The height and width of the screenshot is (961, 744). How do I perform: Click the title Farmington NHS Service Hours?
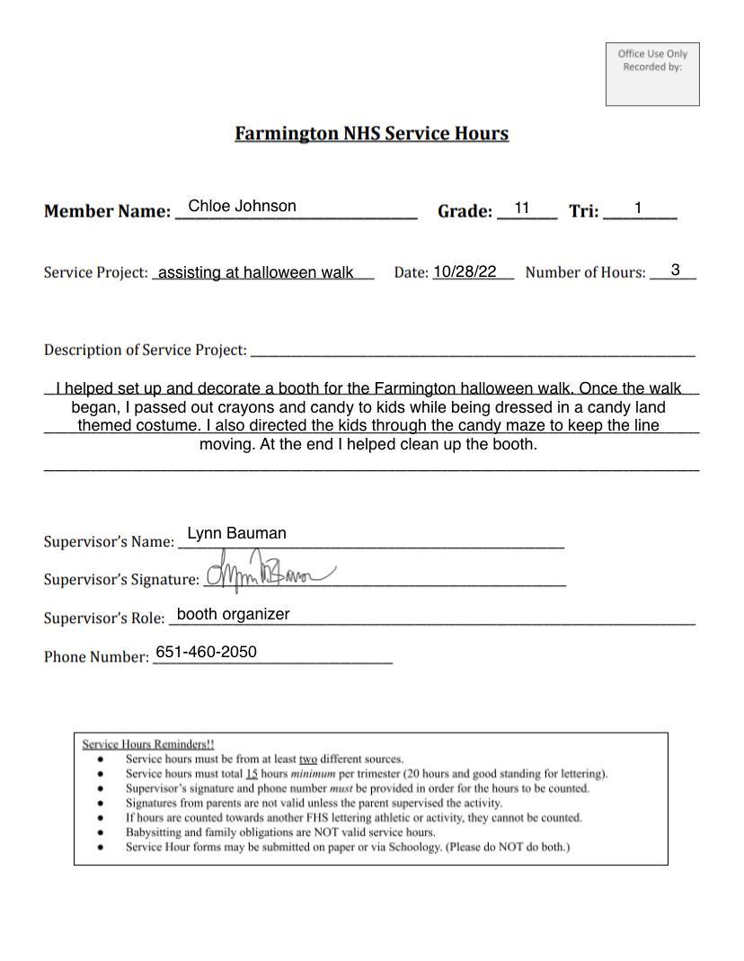371,134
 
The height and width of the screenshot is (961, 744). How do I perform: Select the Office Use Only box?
652,74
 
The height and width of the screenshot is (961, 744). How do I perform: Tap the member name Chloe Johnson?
242,207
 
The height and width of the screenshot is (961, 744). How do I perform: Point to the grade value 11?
521,209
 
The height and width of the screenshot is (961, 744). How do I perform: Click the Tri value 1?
637,209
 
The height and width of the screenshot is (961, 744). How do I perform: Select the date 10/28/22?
465,271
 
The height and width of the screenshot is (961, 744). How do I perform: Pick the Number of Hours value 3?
675,270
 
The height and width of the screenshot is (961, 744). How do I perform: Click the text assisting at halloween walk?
255,272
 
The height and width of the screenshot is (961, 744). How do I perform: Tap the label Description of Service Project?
145,350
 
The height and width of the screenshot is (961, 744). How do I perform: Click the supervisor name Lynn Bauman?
236,533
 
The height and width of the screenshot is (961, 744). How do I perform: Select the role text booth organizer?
233,614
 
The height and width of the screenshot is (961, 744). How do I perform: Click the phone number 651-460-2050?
206,652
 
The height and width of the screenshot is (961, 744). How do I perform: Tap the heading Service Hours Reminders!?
148,744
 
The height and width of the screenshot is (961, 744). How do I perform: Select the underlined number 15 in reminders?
252,773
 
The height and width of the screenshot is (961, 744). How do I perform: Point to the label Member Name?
107,212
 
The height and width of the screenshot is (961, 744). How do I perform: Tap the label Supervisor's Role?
104,618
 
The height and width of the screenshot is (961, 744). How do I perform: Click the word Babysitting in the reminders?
154,832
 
